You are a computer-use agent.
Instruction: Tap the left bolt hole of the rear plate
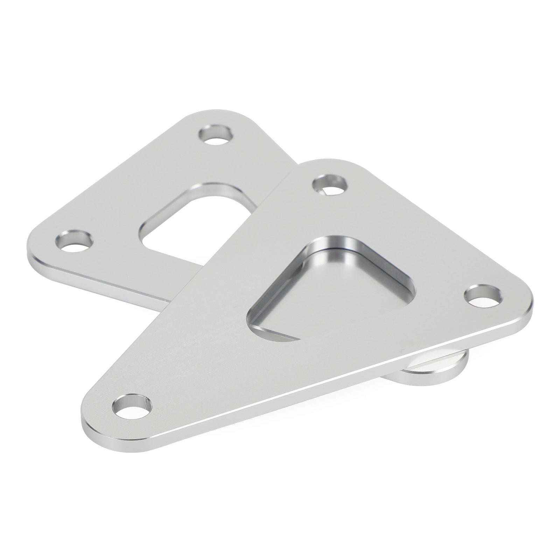click(75, 241)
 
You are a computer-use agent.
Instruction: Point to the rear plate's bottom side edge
click(105, 283)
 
